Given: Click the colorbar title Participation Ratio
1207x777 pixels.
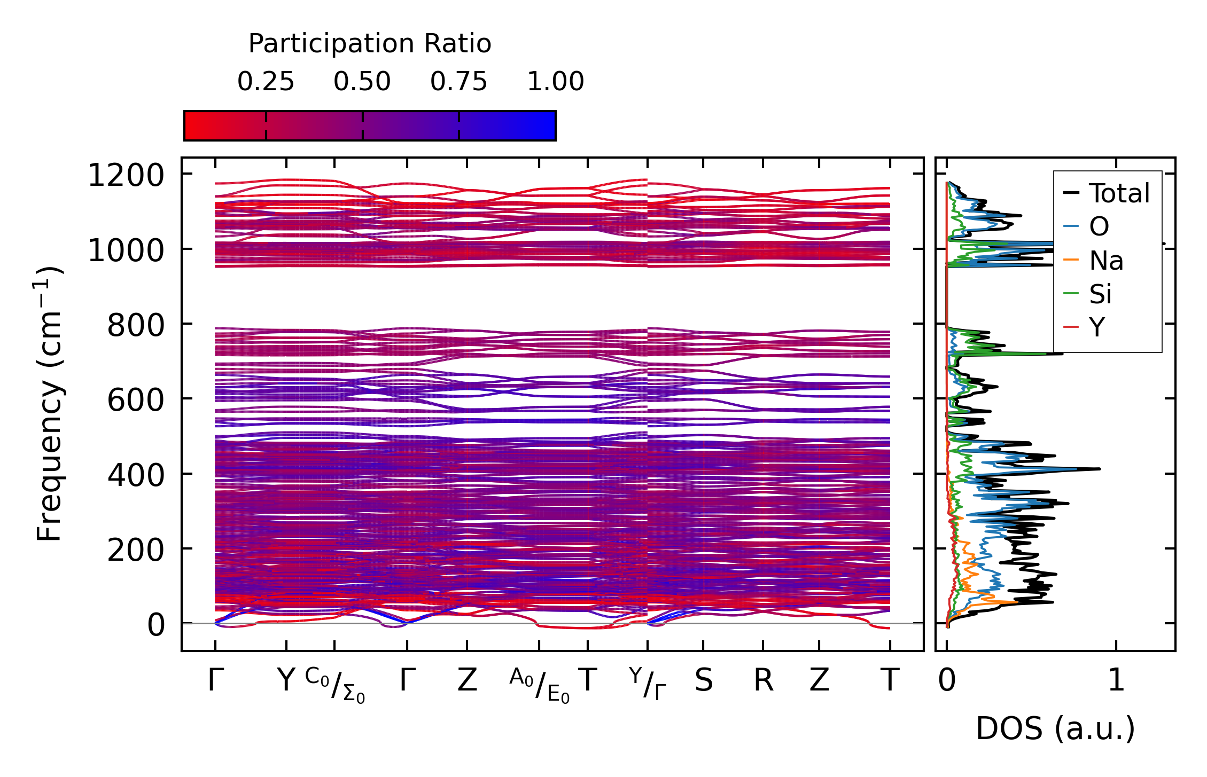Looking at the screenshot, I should (x=370, y=44).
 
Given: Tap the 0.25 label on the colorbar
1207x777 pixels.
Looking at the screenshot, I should (x=266, y=82).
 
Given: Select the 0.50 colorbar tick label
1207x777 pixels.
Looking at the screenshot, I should (x=362, y=82).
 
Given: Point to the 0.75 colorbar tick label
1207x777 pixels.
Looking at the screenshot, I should (x=458, y=82).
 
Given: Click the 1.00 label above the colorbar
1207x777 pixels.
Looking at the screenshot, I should (x=555, y=82).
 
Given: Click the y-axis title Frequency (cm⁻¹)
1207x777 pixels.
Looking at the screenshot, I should (x=49, y=404).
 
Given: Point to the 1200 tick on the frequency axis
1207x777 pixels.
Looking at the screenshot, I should (x=126, y=175).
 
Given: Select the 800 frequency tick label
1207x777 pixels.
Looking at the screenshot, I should (x=136, y=325).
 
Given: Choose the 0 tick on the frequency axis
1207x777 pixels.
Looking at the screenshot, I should (x=156, y=625).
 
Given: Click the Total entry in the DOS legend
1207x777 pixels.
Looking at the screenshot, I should (x=1119, y=193).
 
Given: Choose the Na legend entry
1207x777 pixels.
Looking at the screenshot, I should (x=1106, y=261).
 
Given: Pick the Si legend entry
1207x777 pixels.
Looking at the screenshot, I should (x=1100, y=294).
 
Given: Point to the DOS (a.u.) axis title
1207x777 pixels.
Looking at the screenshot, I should (x=1055, y=728).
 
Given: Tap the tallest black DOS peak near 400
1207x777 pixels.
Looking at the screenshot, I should (x=1097, y=469).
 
